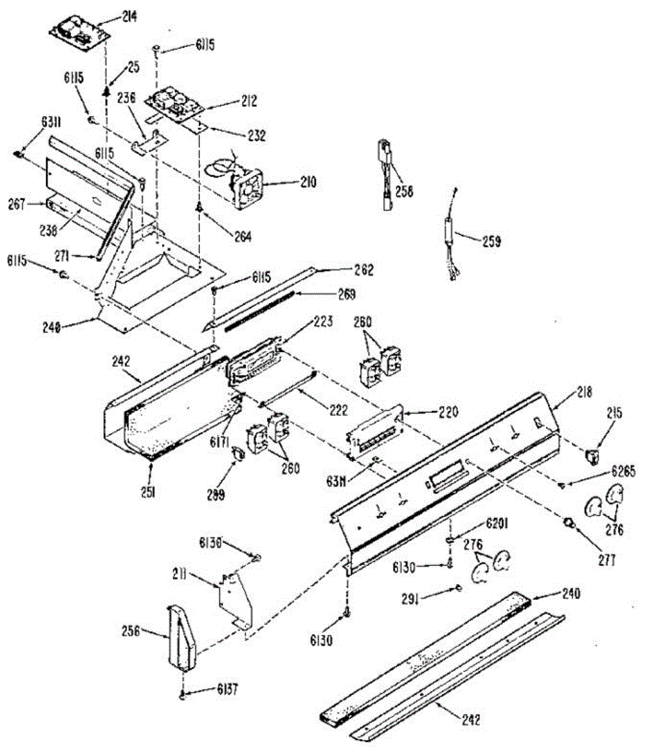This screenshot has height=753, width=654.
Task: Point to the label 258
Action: (404, 192)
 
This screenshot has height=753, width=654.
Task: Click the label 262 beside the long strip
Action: (364, 270)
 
